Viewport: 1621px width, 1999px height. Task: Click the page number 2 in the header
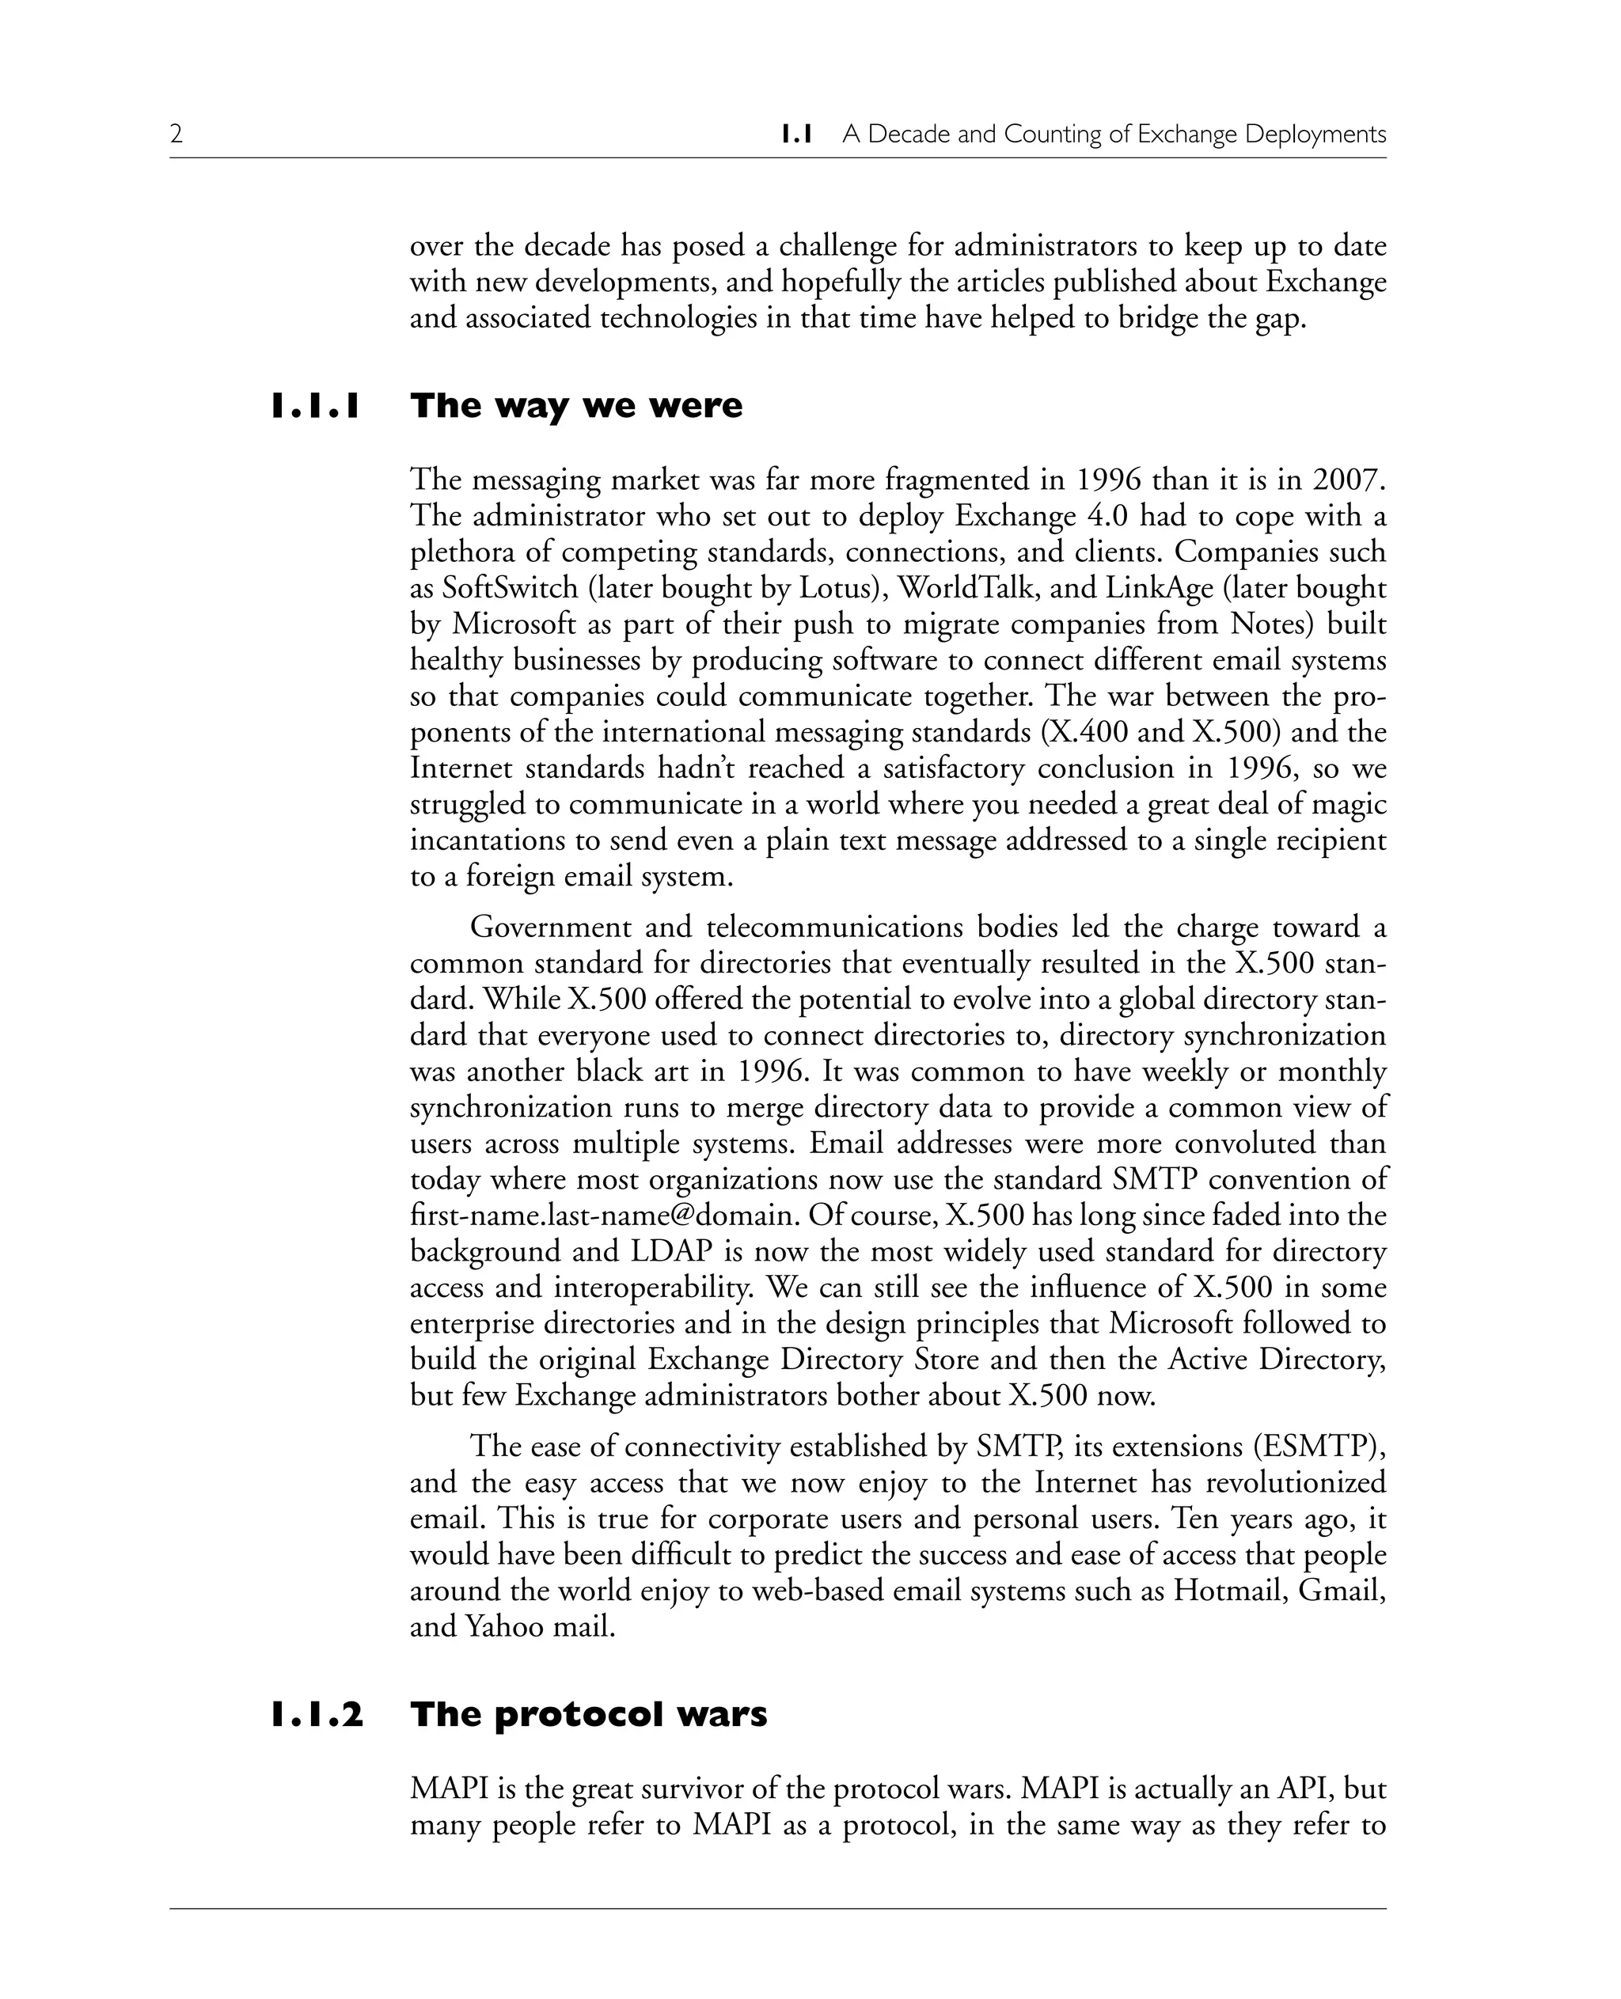(x=177, y=135)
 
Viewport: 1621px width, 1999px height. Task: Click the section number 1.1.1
(x=316, y=406)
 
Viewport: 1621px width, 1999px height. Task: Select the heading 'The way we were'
(x=576, y=406)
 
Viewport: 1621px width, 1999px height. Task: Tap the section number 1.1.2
(x=317, y=1714)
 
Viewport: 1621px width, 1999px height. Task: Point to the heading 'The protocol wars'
(x=588, y=1714)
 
